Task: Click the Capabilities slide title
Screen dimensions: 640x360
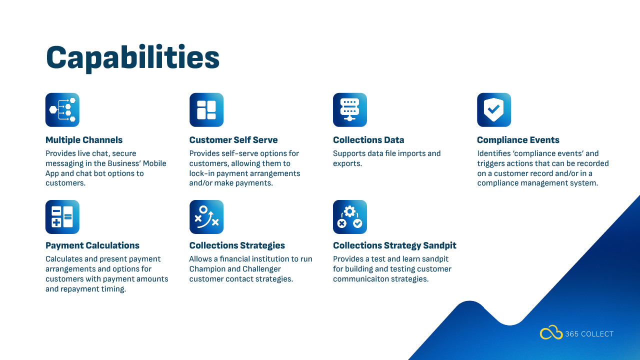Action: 132,58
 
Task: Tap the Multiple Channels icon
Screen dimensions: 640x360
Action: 62,109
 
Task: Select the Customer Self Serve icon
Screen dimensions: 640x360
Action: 206,109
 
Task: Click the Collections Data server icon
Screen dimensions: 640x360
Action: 349,109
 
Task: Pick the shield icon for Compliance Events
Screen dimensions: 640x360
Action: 494,109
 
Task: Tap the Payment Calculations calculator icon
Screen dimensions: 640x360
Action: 62,217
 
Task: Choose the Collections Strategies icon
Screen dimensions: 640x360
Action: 206,217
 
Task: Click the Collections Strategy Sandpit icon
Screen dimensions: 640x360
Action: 349,217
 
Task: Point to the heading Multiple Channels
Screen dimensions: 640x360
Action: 84,140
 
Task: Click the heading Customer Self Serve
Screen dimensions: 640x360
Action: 233,140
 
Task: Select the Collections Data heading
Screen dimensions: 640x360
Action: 368,140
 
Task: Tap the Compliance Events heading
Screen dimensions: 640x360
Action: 518,140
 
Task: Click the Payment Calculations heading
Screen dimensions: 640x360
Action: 92,245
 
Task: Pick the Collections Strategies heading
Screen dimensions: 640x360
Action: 237,245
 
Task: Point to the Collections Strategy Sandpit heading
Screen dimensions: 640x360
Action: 394,245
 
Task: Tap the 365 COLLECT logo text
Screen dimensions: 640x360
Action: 589,334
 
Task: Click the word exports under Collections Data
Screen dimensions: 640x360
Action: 347,163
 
